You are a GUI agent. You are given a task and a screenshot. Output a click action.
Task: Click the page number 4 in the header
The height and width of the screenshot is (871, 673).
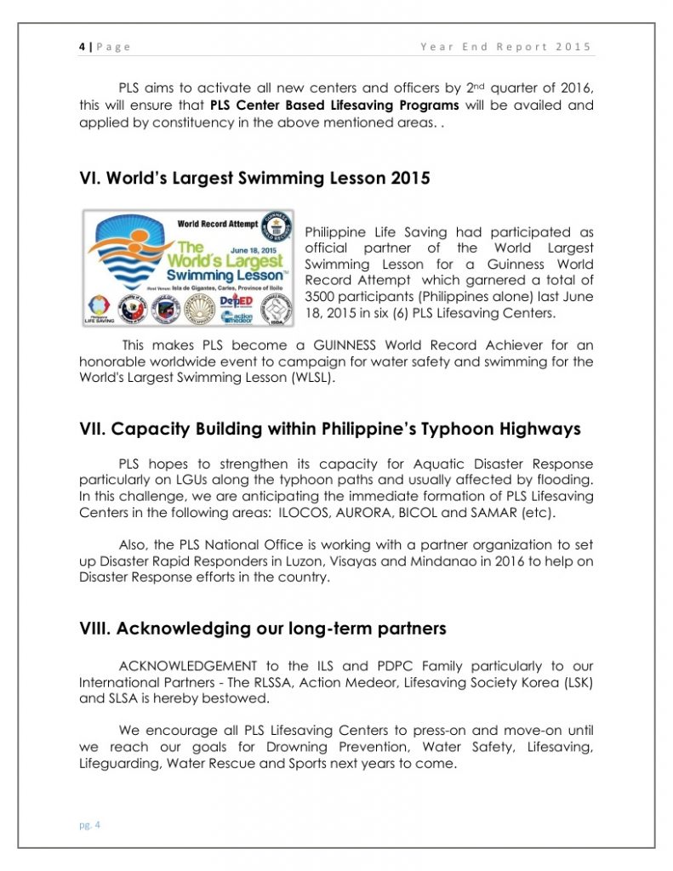(x=82, y=47)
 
